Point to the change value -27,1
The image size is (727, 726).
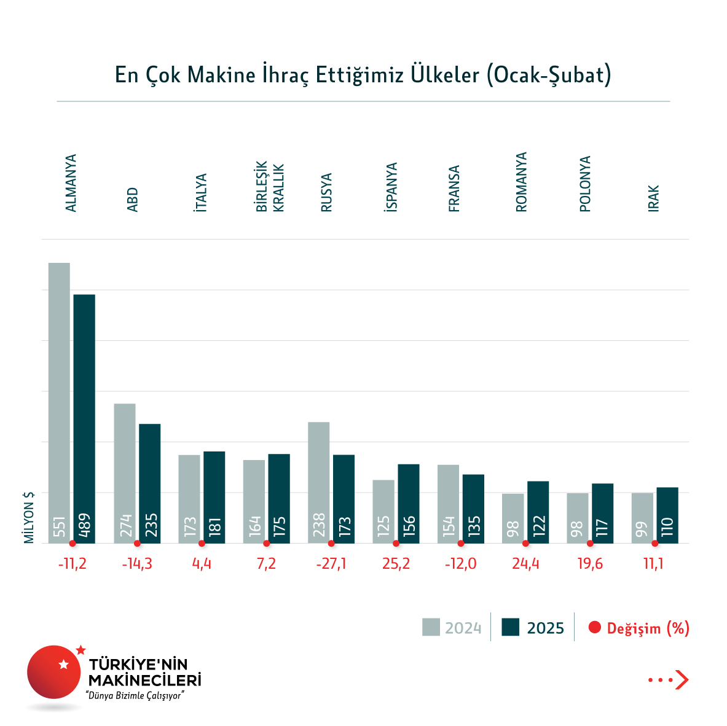click(x=331, y=564)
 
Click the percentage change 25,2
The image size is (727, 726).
click(x=396, y=564)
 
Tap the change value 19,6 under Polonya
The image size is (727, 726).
click(x=590, y=564)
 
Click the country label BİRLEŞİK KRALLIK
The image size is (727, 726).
click(x=270, y=187)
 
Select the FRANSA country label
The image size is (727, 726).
click(x=454, y=189)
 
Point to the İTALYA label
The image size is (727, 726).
click(x=201, y=193)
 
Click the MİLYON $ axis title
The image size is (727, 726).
click(x=29, y=517)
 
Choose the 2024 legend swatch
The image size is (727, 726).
click(x=431, y=627)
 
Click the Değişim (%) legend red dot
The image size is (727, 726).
click(x=594, y=628)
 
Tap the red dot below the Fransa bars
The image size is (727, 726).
click(x=461, y=544)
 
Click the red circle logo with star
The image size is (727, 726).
click(x=54, y=671)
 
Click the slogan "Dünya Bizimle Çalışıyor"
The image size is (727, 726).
click(x=135, y=696)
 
